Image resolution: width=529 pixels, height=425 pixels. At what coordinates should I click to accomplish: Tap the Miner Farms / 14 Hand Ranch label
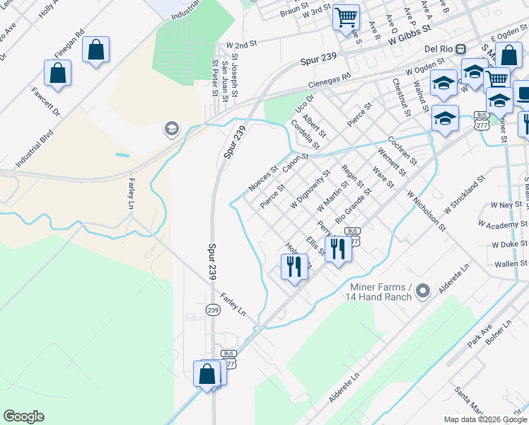pos(380,291)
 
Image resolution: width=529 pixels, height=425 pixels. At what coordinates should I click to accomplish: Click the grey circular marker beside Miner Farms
pos(423,290)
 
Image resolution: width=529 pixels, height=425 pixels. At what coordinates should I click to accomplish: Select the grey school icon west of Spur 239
pos(170,128)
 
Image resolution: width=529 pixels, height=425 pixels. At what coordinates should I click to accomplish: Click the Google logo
pos(23,416)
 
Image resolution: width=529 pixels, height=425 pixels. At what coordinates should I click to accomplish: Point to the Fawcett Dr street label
pos(47,102)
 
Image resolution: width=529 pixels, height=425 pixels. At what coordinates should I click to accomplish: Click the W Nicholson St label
pos(426,209)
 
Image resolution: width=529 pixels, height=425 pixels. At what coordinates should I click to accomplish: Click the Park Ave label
pos(479,336)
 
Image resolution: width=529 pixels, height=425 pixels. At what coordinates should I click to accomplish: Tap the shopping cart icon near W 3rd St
pos(346,16)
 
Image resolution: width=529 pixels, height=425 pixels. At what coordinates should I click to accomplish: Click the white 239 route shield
pos(213,310)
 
